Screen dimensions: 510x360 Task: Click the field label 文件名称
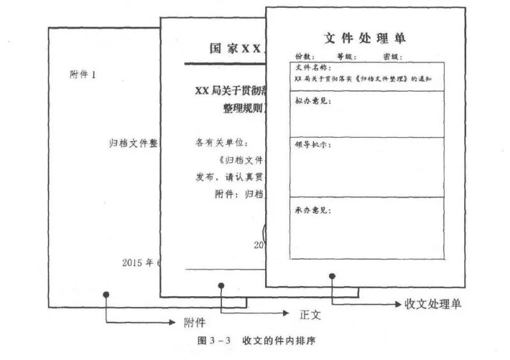[x=313, y=68]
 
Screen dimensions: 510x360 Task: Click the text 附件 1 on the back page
[x=82, y=75]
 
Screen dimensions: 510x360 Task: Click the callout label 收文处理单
[x=433, y=304]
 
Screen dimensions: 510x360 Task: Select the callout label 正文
[x=310, y=314]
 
